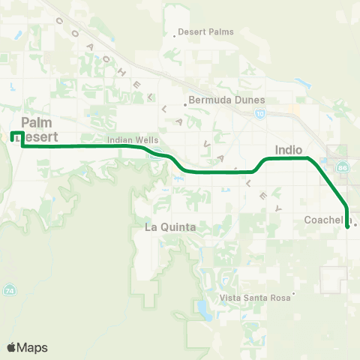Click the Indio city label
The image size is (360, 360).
coord(289,149)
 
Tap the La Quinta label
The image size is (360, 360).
coord(170,226)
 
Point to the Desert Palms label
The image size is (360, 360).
coord(206,32)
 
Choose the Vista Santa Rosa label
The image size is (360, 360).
coord(255,298)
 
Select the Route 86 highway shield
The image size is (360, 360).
coord(343,166)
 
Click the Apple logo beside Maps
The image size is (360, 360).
coord(12,347)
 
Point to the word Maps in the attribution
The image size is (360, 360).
coord(33,347)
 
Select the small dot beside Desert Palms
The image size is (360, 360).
coord(175,33)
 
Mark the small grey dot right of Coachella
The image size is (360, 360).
coord(355,223)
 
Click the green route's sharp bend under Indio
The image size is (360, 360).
coord(308,158)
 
